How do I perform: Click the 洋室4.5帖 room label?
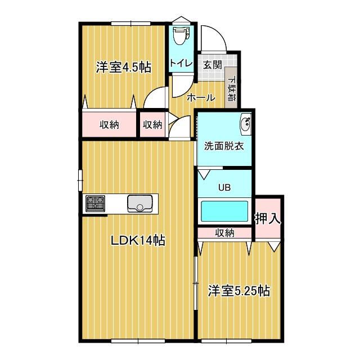[x=123, y=67]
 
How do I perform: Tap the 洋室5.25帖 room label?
[x=239, y=291]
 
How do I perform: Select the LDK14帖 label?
[x=137, y=241]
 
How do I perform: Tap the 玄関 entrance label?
[x=212, y=65]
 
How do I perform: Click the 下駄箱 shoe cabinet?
[x=231, y=87]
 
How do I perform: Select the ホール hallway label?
[x=201, y=97]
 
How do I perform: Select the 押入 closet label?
[x=268, y=218]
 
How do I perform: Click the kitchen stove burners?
[x=96, y=203]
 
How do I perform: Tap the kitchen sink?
[x=138, y=203]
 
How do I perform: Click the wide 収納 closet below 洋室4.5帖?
[x=110, y=124]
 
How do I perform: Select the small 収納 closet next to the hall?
[x=152, y=124]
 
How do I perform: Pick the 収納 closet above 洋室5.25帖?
[x=224, y=232]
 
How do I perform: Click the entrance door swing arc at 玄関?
[x=214, y=38]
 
